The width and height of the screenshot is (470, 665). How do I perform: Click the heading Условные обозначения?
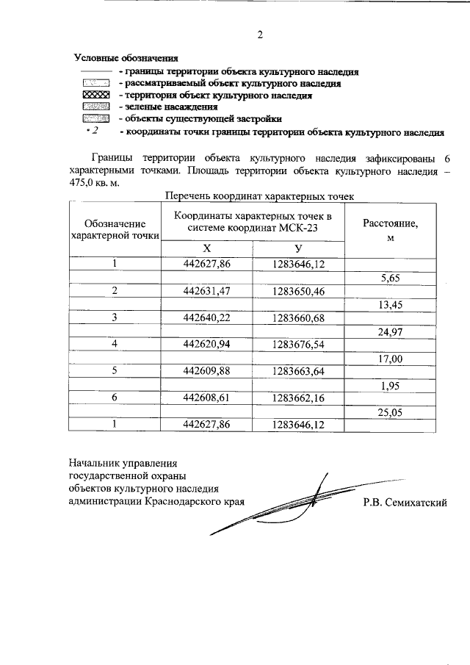coord(126,58)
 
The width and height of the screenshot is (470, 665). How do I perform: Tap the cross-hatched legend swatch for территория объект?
coord(95,96)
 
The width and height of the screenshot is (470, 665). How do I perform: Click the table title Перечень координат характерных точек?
coord(260,196)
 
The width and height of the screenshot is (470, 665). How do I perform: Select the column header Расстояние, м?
coord(391,229)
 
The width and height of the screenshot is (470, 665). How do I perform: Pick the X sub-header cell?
coord(206,248)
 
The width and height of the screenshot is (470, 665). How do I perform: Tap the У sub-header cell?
coord(298,248)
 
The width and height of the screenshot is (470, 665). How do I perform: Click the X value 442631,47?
coord(206,291)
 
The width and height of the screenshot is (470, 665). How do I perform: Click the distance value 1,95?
coord(391,385)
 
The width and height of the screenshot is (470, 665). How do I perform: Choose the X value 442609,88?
coord(206,371)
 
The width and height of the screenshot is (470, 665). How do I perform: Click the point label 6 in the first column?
coord(115,398)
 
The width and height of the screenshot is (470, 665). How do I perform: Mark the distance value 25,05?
coord(391,411)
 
